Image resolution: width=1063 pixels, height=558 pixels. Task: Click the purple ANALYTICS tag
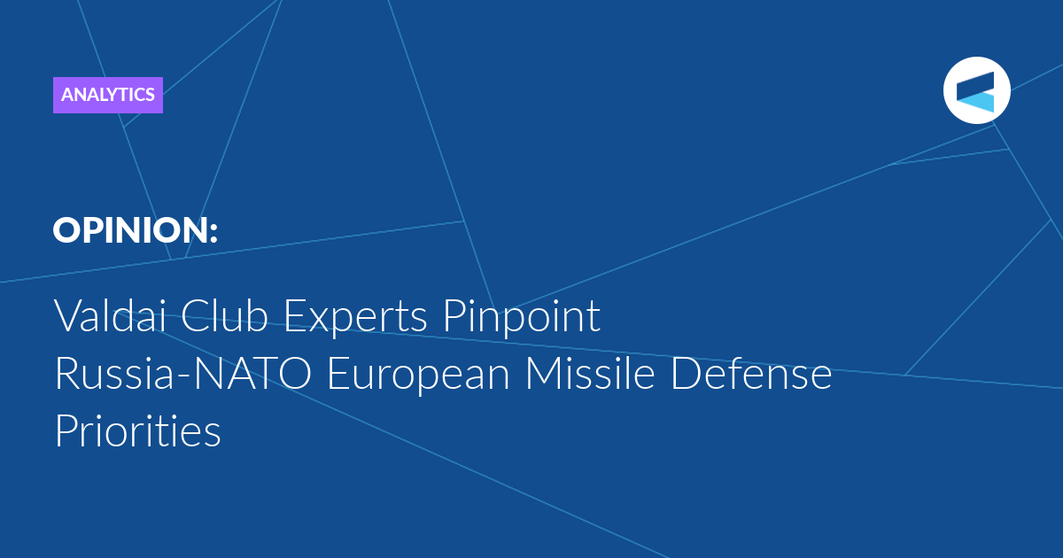[x=108, y=95]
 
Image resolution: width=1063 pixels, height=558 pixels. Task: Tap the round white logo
[x=976, y=90]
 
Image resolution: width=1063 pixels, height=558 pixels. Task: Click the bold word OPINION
[x=129, y=230]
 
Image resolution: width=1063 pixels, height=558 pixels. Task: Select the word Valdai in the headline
[x=110, y=315]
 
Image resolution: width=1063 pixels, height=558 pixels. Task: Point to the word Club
[x=224, y=315]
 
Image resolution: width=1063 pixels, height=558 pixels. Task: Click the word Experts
[x=355, y=318]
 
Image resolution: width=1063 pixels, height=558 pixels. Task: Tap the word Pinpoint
[x=522, y=317]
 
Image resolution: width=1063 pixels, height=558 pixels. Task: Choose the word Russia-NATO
[x=183, y=373]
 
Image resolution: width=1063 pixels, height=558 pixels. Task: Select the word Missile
[x=590, y=373]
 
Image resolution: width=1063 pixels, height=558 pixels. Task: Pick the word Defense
[x=751, y=373]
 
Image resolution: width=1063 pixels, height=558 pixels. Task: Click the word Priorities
[x=138, y=430]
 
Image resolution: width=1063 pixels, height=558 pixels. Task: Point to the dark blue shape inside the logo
[x=975, y=84]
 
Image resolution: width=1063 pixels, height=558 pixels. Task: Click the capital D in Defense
[x=686, y=374]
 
